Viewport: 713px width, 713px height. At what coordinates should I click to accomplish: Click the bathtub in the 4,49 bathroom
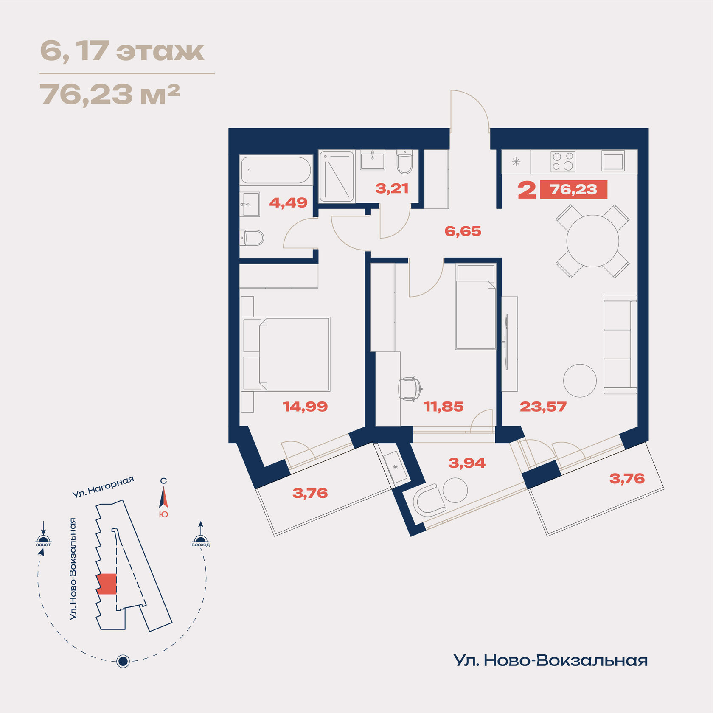[x=276, y=170]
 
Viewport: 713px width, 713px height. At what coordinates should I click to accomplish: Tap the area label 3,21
[x=392, y=188]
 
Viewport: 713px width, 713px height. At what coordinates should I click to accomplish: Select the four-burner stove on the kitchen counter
[x=563, y=162]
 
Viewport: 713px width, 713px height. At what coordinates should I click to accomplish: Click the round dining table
[x=592, y=241]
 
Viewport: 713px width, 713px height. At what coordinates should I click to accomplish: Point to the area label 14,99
[x=305, y=407]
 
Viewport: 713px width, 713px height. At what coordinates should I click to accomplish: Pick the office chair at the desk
[x=410, y=388]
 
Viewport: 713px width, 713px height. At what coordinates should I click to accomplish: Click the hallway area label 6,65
[x=463, y=231]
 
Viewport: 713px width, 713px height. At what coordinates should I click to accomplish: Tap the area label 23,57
[x=543, y=407]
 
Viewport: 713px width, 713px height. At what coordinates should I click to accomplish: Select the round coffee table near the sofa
[x=580, y=381]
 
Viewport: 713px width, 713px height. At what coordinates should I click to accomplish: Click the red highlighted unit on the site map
[x=107, y=584]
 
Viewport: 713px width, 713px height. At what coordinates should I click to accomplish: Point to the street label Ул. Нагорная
[x=103, y=487]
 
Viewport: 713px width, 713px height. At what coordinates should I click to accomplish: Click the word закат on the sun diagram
[x=43, y=545]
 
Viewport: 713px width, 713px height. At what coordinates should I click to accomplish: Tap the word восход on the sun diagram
[x=201, y=545]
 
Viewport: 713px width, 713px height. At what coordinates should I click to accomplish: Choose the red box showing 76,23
[x=573, y=189]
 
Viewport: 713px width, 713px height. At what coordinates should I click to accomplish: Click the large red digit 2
[x=527, y=190]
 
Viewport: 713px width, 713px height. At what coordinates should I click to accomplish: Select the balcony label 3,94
[x=466, y=463]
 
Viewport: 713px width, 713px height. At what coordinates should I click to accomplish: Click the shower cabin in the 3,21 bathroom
[x=337, y=176]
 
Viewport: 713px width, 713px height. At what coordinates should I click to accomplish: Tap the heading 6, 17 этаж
[x=122, y=51]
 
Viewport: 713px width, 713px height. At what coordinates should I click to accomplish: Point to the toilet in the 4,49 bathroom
[x=251, y=238]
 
